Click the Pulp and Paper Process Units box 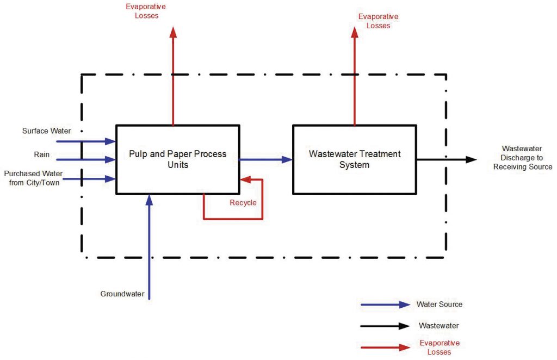tap(178, 159)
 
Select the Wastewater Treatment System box tap(355, 159)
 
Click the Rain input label tap(42, 154)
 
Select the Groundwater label tap(122, 294)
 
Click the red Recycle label tap(243, 203)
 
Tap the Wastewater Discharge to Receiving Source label tap(522, 158)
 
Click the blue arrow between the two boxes tap(266, 159)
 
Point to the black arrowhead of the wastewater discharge tap(471, 159)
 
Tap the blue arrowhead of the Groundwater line tap(150, 200)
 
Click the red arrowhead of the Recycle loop tap(245, 179)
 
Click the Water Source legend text tap(440, 305)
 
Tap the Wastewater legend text tap(438, 326)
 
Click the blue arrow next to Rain tap(92, 159)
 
